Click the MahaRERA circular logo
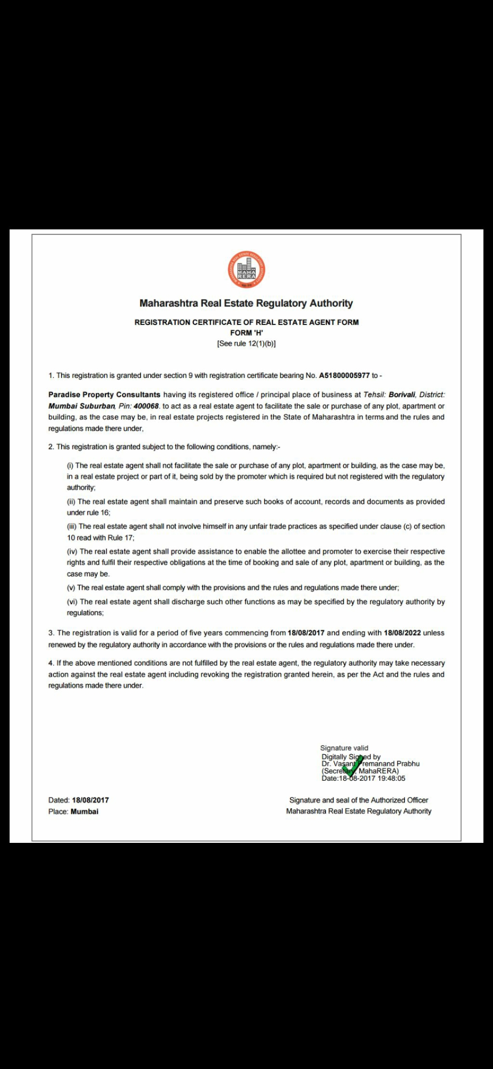point(246,270)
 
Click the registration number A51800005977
point(344,376)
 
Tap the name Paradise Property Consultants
point(104,395)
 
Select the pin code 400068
point(146,406)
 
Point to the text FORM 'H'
point(246,333)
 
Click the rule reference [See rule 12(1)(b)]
point(246,344)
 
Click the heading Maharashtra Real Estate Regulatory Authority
point(246,303)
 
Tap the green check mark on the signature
point(352,766)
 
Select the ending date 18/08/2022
point(402,633)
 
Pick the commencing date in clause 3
point(306,633)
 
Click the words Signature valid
point(344,748)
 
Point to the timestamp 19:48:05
point(391,778)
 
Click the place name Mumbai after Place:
point(84,811)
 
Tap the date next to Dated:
point(90,800)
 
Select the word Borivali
point(402,395)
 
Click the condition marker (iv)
point(72,551)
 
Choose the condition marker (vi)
point(72,602)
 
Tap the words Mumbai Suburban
point(82,406)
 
